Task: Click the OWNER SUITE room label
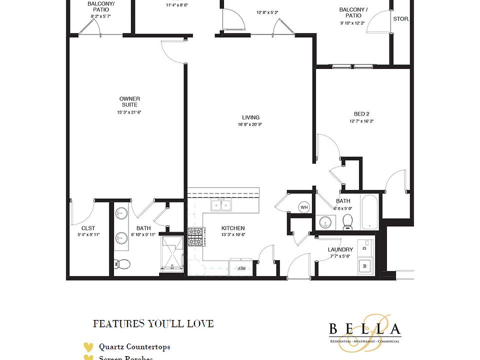pos(129,101)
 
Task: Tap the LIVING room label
pos(250,116)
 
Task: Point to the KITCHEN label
pos(233,228)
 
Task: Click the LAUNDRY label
pos(340,249)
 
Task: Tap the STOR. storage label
pos(401,19)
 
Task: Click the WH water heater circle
pos(304,207)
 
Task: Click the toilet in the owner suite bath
pos(122,264)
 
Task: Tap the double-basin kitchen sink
pos(220,205)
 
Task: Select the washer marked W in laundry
pos(363,265)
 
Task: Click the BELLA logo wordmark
pos(365,329)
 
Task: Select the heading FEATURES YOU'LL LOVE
pos(153,324)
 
